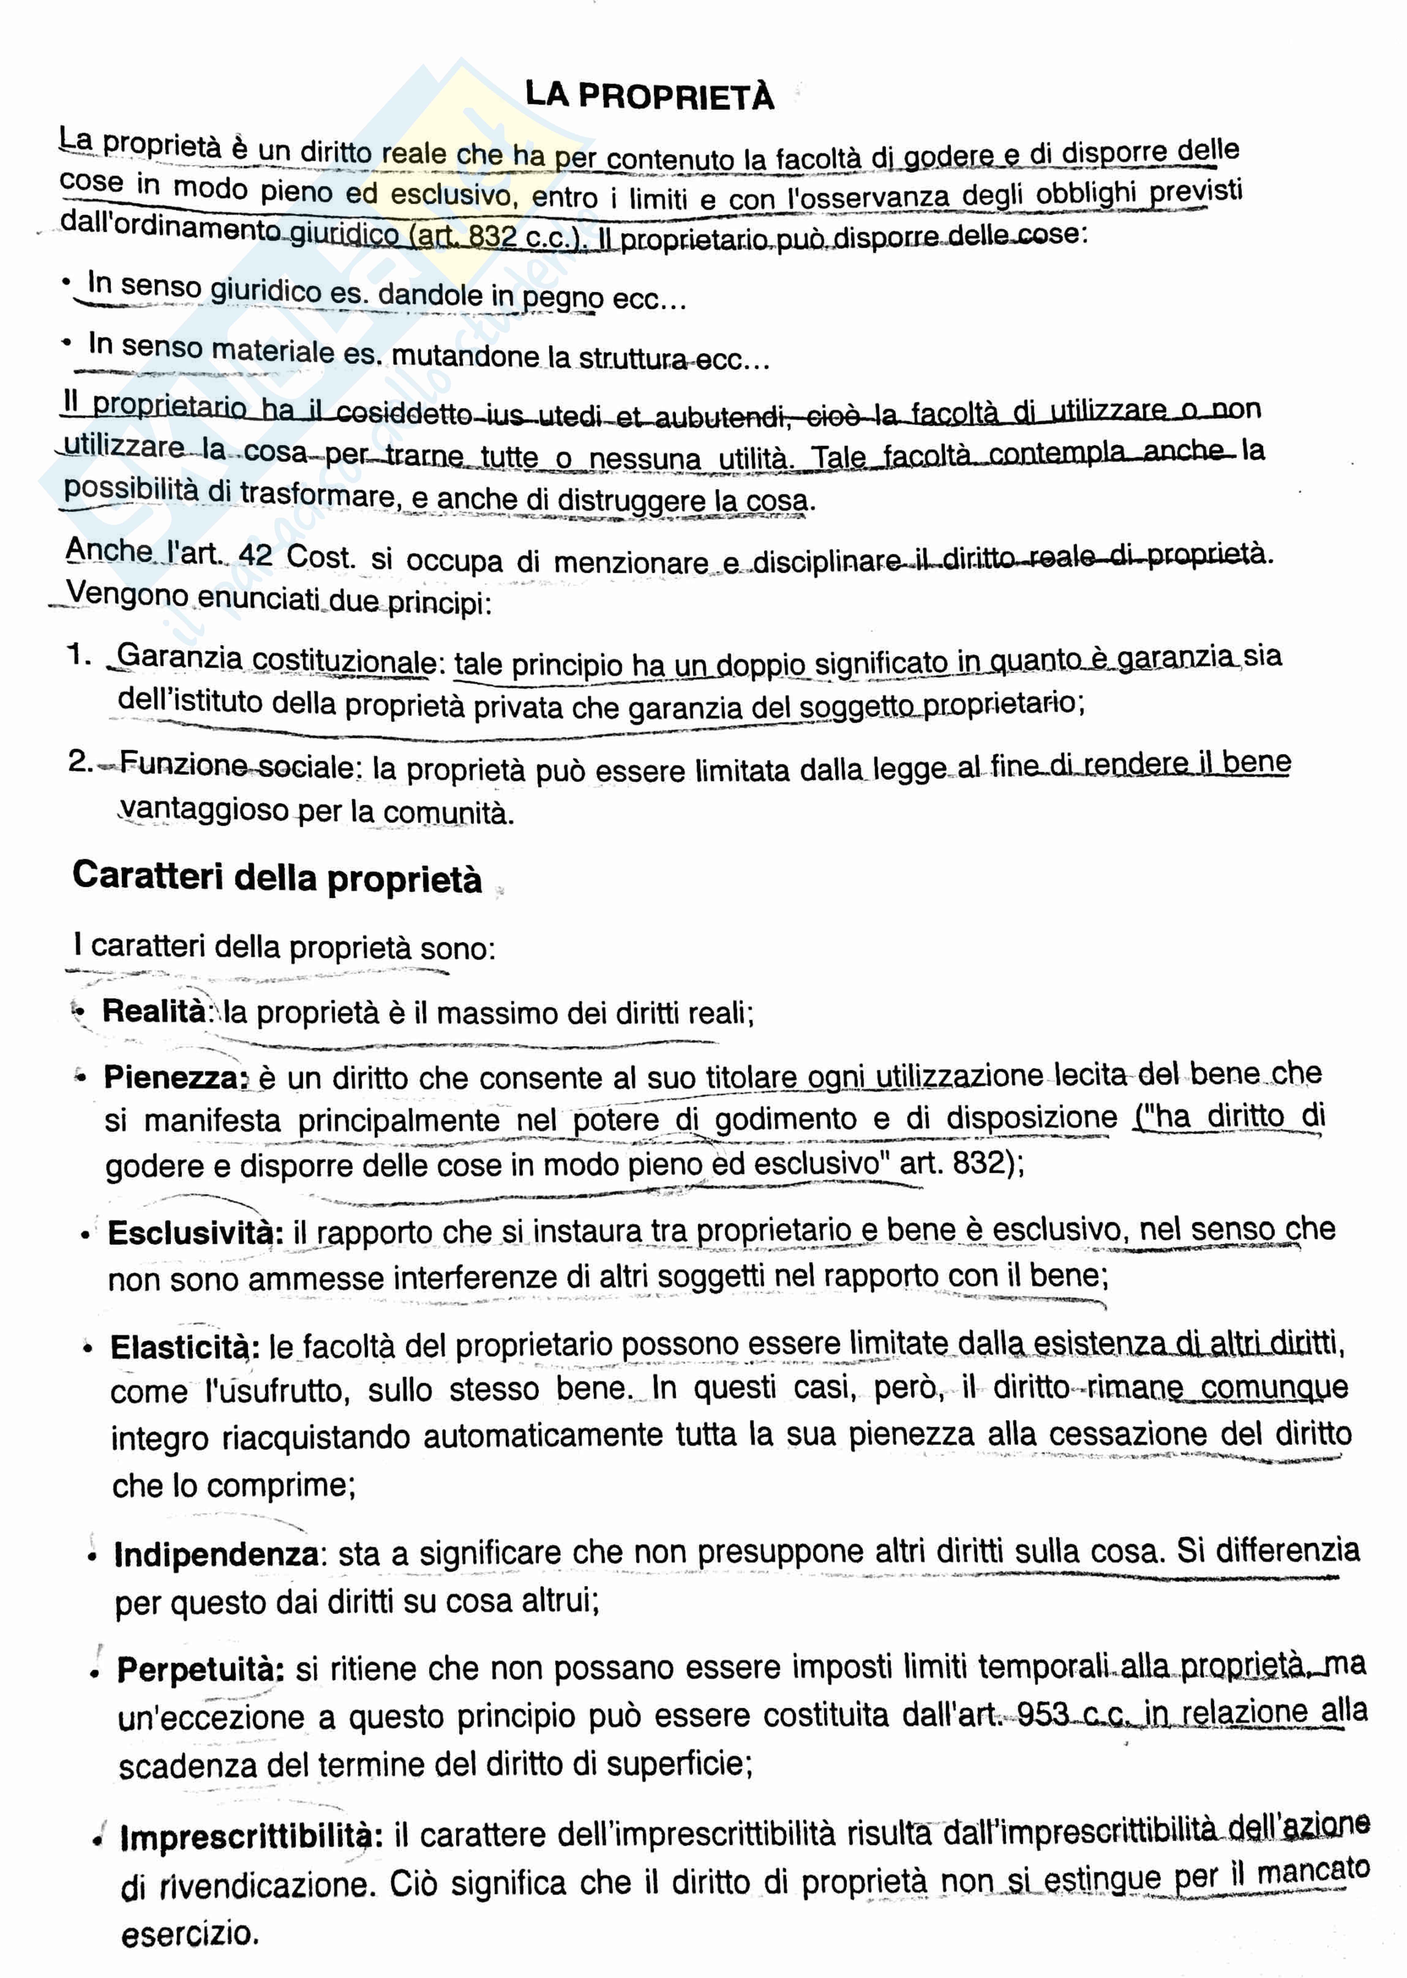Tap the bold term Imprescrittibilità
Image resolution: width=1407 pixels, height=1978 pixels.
pos(251,1836)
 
